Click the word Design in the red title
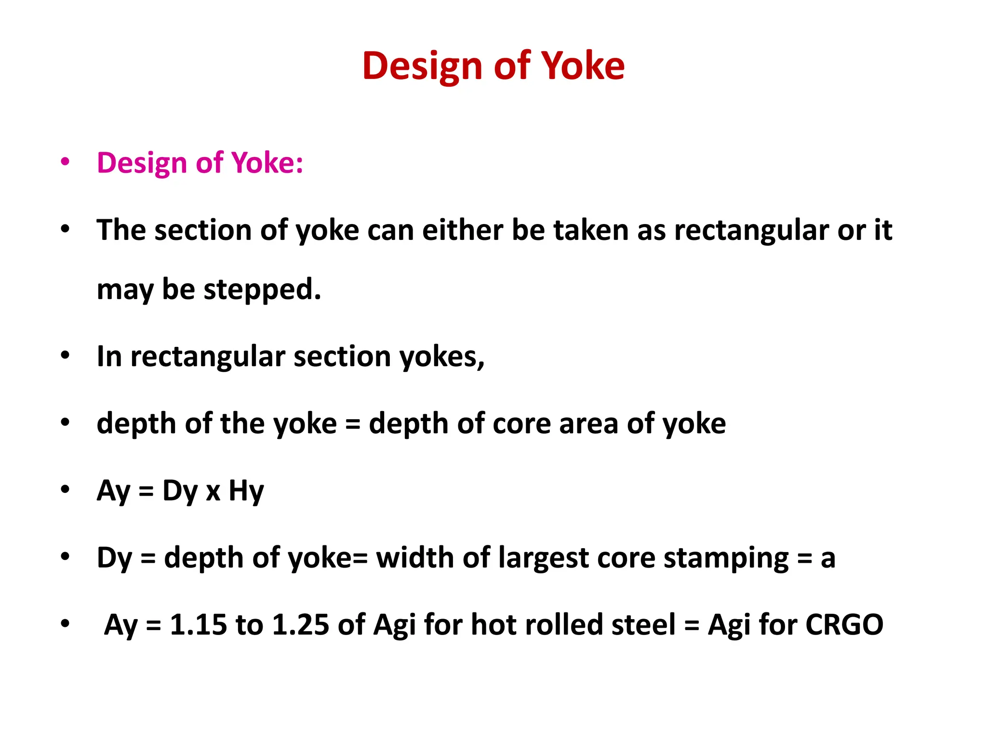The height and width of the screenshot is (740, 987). point(422,66)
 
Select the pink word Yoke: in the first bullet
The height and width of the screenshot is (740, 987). point(268,163)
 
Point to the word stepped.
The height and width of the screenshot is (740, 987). point(262,290)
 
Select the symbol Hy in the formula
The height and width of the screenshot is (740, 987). point(246,491)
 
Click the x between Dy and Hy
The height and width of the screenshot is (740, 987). point(213,492)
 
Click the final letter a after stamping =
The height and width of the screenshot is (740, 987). point(828,559)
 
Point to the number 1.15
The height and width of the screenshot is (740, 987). point(198,625)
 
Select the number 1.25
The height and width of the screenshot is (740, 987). point(301,625)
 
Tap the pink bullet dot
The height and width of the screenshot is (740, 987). point(65,161)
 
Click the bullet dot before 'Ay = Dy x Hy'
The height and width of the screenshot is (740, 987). point(65,489)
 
